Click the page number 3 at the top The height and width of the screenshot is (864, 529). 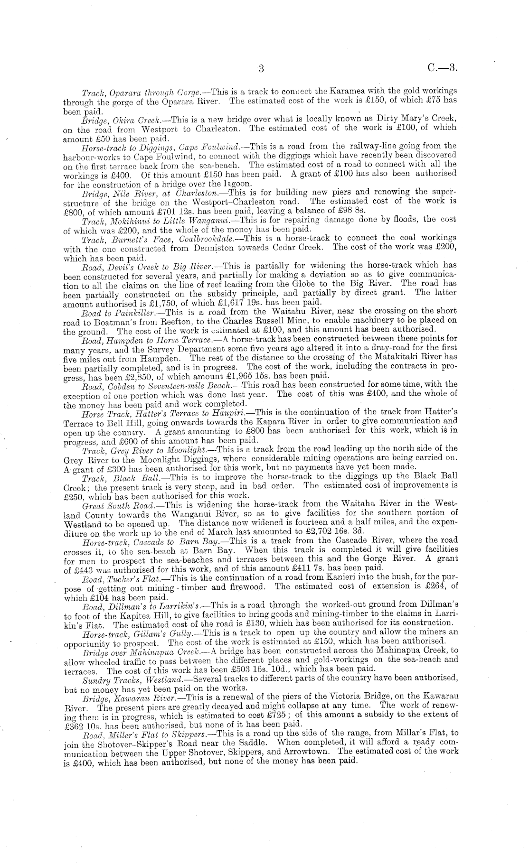point(261,68)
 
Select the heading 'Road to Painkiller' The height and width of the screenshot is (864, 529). point(113,311)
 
